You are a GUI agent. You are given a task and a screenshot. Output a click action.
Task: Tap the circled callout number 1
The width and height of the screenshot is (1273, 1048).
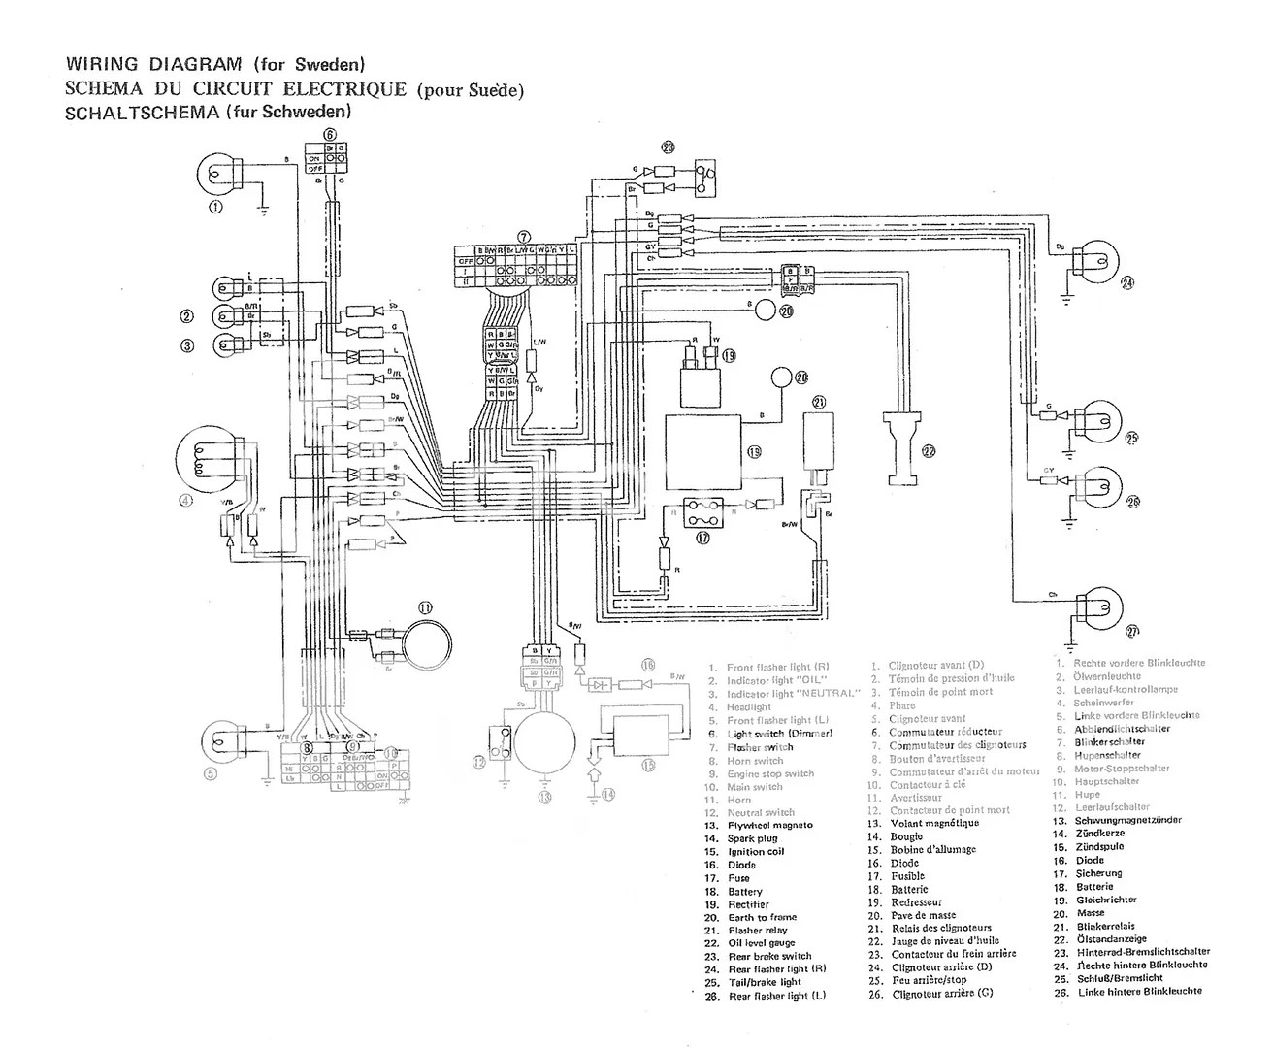coord(215,207)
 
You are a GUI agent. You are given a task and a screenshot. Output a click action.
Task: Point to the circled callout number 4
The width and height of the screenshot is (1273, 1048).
coord(187,501)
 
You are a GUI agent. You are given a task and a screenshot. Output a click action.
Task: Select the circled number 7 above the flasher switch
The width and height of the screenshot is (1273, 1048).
coord(524,236)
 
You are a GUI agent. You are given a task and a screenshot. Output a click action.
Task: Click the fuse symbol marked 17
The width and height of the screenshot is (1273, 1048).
coord(702,510)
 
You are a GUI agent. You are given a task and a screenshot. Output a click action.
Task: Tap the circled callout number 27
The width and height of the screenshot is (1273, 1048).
coord(1131,632)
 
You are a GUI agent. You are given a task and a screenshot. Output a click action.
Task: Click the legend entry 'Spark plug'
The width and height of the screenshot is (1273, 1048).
coord(753,838)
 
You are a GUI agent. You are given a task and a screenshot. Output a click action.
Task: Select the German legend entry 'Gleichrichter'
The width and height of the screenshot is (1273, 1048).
coord(1106,900)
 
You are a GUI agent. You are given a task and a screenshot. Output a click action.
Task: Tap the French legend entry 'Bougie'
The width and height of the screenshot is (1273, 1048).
coord(908,836)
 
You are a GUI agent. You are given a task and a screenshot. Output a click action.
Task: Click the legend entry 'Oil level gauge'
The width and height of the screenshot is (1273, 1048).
coord(762,943)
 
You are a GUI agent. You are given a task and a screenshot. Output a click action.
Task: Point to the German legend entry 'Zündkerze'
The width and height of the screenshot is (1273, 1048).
coord(1100,834)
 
